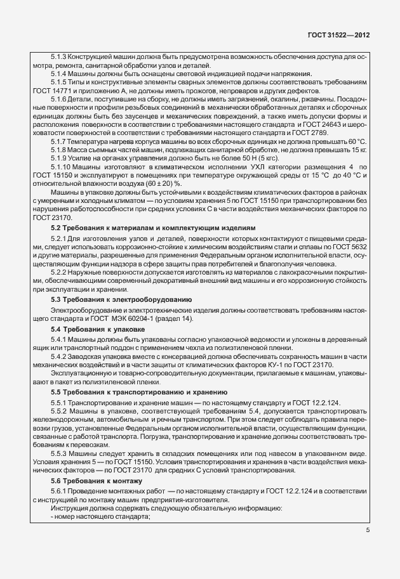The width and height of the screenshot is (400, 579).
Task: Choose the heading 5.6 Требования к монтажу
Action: pos(97,482)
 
